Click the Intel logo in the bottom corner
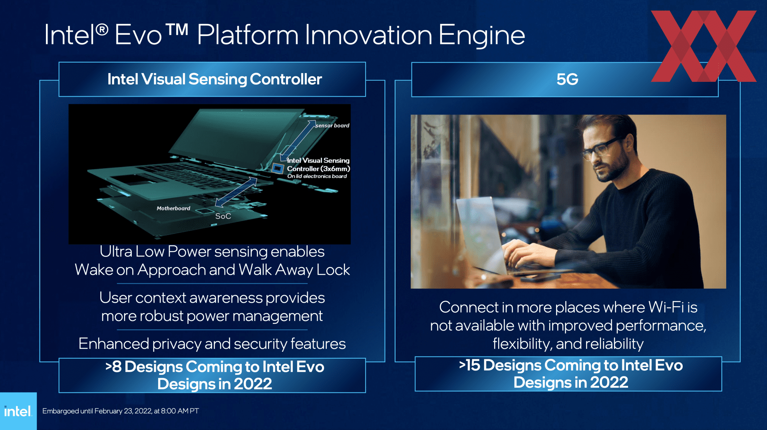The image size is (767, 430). (x=18, y=411)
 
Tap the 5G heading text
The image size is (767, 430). (x=567, y=79)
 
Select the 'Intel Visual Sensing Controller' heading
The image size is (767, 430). (x=215, y=79)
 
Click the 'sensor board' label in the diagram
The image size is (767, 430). (x=332, y=125)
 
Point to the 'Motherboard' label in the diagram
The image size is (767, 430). (x=173, y=208)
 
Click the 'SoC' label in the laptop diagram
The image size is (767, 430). (x=223, y=216)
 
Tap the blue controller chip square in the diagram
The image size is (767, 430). (x=277, y=168)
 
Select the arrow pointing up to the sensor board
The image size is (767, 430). (x=298, y=141)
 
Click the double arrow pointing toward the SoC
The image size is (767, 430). (x=236, y=192)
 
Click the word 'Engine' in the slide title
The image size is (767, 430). (x=482, y=35)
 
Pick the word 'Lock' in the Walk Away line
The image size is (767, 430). (x=333, y=269)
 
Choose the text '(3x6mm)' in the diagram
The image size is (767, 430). (x=335, y=168)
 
